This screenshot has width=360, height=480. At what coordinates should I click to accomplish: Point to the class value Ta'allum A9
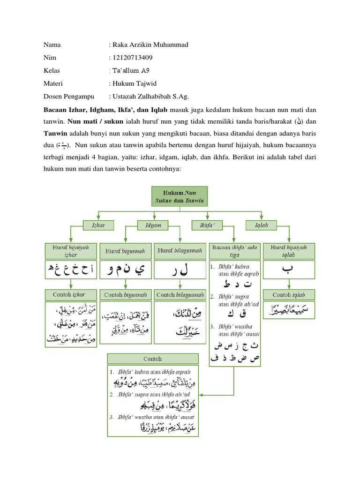(131, 71)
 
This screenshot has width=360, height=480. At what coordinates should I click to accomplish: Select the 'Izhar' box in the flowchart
(97, 225)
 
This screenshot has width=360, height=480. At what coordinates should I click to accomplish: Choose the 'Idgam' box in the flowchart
(153, 225)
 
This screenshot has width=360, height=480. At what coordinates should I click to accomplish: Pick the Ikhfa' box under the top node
(207, 225)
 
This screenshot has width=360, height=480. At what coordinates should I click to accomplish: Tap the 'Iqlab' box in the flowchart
(261, 225)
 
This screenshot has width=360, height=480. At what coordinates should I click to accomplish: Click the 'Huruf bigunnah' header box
(125, 251)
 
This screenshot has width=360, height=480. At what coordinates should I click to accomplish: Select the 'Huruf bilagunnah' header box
(180, 251)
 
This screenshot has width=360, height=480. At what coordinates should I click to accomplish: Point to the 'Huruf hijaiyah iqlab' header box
(289, 251)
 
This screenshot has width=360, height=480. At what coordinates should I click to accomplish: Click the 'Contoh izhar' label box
(71, 295)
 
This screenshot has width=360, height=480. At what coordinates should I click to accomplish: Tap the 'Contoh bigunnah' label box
(125, 295)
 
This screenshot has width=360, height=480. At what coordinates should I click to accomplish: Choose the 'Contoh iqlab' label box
(289, 295)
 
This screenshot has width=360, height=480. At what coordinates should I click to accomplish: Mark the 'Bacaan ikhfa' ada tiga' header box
(234, 251)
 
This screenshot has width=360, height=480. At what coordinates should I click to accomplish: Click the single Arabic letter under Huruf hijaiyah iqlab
(289, 271)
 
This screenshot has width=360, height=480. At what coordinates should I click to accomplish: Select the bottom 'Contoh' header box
(153, 359)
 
